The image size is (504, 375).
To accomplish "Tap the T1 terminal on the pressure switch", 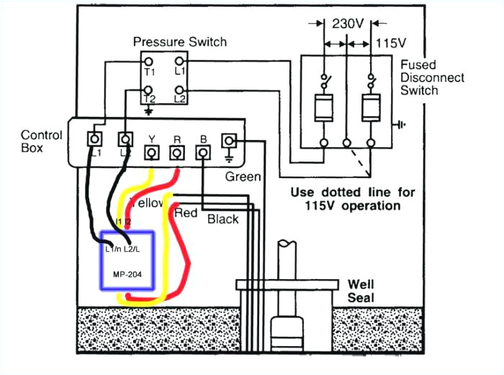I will point(149,63).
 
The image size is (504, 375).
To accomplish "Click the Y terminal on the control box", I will point(152,152).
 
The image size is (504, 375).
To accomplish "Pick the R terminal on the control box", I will point(176,152).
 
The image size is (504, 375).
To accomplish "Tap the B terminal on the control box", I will point(202,152).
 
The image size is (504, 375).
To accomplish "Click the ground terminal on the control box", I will point(230,140).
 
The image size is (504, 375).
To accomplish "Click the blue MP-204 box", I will point(127,261).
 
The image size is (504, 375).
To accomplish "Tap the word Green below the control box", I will point(243,176).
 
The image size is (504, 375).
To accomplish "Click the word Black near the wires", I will point(222,219).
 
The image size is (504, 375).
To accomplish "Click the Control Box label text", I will point(41,141).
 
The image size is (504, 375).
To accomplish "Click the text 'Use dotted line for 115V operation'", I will point(345,199).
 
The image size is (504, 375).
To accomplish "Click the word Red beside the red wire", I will point(185,213).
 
